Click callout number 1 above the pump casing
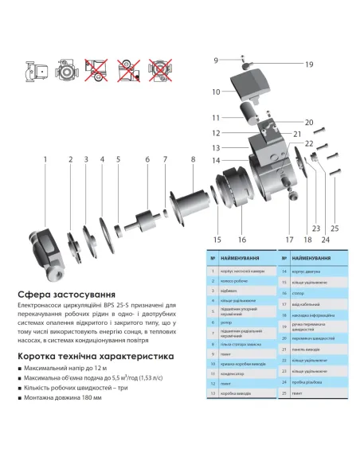tap(45, 160)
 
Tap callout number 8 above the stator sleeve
tap(192, 160)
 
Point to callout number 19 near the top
tap(309, 64)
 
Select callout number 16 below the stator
tap(241, 238)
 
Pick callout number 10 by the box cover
tap(215, 92)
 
